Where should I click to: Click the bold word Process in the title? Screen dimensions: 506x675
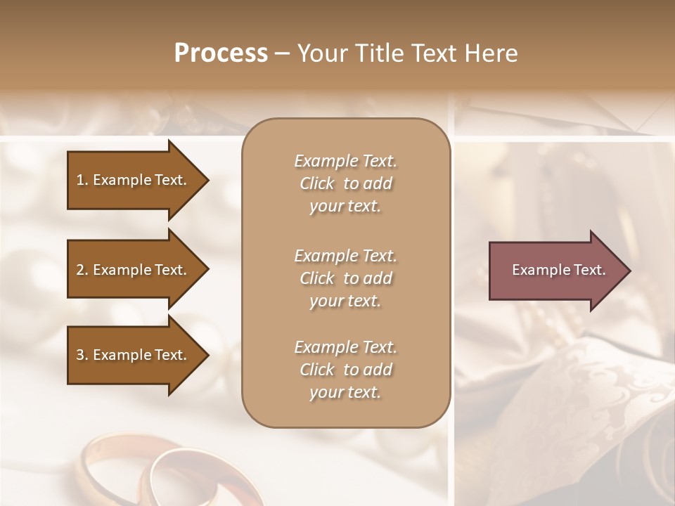tap(221, 53)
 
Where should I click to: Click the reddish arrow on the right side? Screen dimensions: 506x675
tap(555, 270)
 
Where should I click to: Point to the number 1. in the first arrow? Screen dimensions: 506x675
tap(82, 180)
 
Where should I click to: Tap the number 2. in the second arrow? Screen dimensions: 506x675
tap(82, 270)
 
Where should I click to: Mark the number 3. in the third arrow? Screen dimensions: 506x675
tap(82, 355)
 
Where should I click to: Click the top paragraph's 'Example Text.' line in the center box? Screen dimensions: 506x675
tap(345, 161)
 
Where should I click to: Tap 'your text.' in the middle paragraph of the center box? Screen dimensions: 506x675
tap(345, 301)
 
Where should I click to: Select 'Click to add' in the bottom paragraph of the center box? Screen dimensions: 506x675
tap(345, 370)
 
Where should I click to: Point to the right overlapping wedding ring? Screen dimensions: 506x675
tap(176, 478)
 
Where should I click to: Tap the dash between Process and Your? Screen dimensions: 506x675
tap(283, 53)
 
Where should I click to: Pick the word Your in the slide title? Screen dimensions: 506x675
tap(321, 53)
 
